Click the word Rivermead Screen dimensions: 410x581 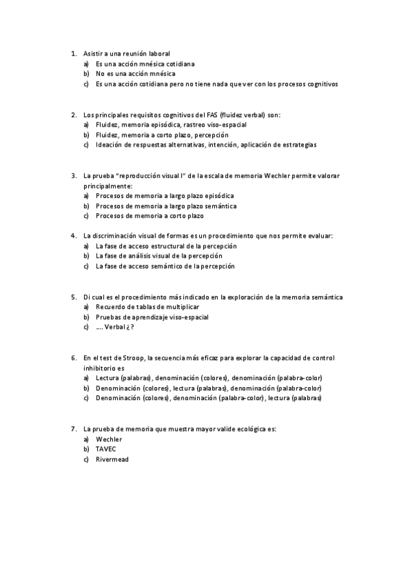point(112,460)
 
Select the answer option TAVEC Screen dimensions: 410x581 point(106,449)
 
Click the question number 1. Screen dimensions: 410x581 point(73,53)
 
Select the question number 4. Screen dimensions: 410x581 point(73,236)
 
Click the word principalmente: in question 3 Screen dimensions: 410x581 point(108,186)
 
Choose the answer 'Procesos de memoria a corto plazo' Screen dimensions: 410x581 point(150,216)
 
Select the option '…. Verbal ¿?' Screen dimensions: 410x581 point(115,327)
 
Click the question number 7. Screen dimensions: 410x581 point(73,428)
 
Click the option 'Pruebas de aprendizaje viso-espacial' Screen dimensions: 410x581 point(152,317)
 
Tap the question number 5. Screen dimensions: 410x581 point(73,297)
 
